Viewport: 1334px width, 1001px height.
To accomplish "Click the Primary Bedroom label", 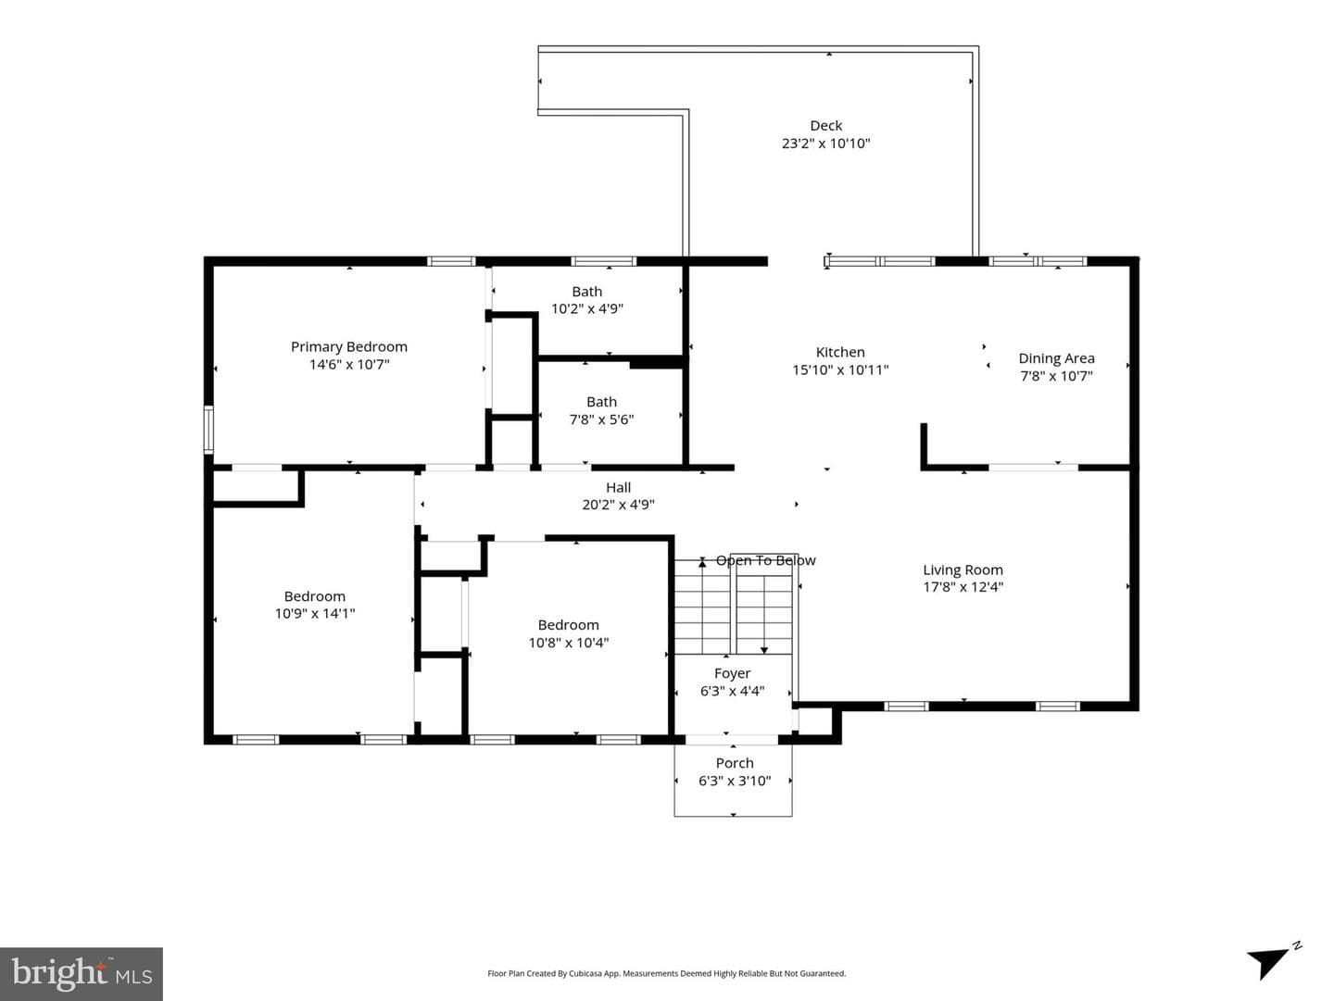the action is tap(349, 347).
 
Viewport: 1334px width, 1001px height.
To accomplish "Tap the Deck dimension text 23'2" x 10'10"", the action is tap(826, 144).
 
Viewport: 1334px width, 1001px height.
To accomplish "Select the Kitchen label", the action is tap(840, 352).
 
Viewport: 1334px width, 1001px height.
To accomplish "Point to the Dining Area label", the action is tap(1056, 358).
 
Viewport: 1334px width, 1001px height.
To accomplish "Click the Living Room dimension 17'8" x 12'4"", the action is tap(963, 587).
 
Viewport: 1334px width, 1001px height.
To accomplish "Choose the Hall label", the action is tap(618, 487).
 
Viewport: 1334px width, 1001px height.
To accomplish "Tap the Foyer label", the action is tap(733, 673).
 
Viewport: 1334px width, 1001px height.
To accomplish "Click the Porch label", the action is tap(735, 763).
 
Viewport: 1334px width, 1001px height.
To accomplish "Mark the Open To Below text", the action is tap(766, 560).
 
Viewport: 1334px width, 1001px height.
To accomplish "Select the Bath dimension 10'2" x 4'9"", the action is tap(587, 308).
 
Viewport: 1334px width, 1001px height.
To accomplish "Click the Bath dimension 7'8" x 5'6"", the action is tap(601, 419).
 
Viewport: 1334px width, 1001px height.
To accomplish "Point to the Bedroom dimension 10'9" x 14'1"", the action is tap(315, 614).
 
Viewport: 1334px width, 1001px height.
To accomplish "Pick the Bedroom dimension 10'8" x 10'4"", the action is tap(568, 643).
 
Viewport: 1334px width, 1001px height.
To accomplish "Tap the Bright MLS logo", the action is tap(82, 973).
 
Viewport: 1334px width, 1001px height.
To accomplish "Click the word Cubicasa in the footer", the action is tap(585, 973).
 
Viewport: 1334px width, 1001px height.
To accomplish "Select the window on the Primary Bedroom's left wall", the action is tap(208, 430).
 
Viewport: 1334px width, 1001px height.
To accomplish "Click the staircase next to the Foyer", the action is tap(734, 607).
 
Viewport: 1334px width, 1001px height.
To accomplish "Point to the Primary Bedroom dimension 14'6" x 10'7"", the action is tap(349, 365).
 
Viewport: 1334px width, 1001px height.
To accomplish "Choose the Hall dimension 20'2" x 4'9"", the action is tap(618, 504).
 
